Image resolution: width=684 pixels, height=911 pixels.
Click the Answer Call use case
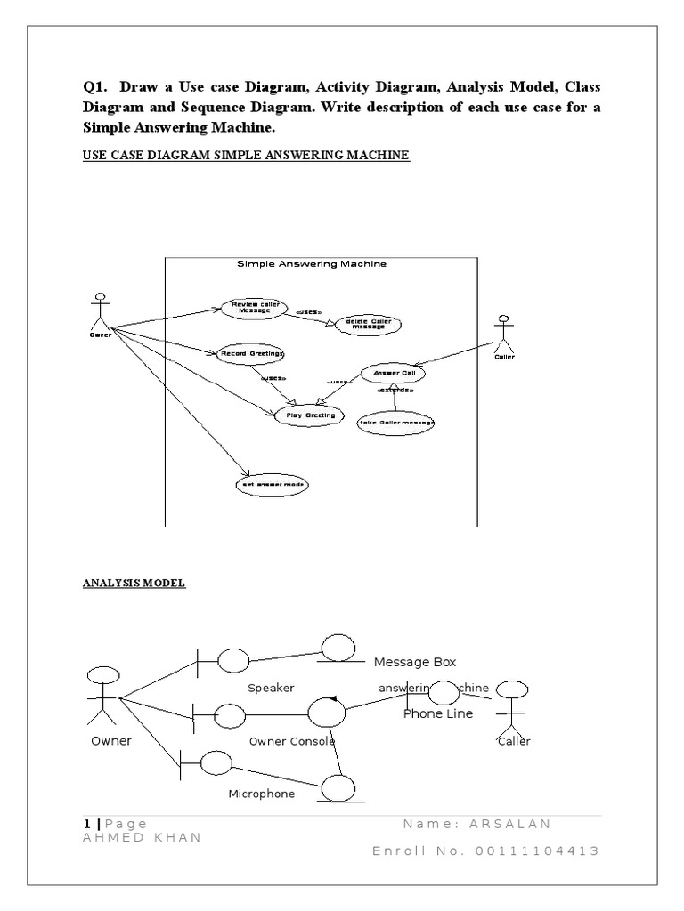tap(393, 375)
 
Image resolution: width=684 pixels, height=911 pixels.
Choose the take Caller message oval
tap(395, 423)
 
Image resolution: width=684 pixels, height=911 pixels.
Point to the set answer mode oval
tap(272, 486)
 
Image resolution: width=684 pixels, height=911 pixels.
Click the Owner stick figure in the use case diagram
tap(100, 311)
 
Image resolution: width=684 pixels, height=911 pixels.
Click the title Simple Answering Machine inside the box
tap(312, 264)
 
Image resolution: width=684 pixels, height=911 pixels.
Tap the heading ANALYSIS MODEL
tap(134, 584)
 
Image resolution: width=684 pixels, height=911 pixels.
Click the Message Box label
tap(414, 662)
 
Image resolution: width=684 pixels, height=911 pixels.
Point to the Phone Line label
tap(438, 713)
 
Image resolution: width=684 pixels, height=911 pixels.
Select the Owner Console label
tap(292, 741)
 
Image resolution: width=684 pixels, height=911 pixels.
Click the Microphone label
tap(262, 794)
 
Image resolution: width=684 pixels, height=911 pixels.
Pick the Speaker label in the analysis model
tap(271, 688)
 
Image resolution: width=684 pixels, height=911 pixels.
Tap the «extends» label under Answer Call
tap(395, 391)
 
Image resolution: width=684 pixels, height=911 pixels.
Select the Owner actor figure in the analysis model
tap(103, 694)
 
